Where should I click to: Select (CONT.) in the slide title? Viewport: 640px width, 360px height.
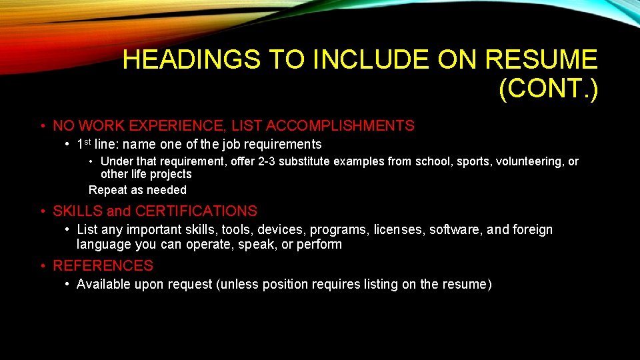point(548,88)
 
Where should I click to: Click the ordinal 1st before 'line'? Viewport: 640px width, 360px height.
point(84,144)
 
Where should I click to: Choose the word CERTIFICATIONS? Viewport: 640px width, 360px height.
point(196,211)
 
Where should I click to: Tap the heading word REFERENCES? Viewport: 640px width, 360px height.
point(103,266)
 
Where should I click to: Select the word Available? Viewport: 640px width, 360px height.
point(102,285)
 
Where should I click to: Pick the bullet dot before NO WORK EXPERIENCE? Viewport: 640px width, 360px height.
point(43,126)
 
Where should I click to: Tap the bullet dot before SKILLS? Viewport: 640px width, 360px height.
point(43,212)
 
